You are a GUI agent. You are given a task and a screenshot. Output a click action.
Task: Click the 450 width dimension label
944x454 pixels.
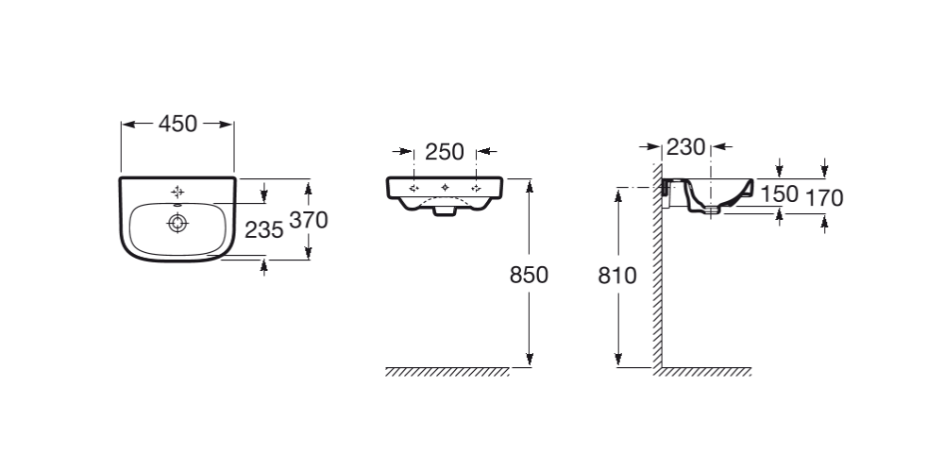point(177,124)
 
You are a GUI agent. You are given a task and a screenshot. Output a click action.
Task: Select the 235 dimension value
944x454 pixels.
point(264,229)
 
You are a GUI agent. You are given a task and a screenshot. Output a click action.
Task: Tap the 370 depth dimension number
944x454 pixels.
point(308,221)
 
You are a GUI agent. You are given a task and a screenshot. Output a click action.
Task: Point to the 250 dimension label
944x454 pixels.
point(444,151)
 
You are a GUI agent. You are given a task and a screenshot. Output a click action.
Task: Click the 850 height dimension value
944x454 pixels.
point(529,276)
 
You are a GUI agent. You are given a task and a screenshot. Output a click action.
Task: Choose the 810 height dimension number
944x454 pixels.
point(617,276)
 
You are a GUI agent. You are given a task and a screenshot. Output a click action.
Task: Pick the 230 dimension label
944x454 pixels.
point(686,147)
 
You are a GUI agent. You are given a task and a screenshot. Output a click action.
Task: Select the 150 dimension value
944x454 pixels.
point(780,194)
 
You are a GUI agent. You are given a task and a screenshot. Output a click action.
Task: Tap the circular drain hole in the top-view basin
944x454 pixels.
point(177,223)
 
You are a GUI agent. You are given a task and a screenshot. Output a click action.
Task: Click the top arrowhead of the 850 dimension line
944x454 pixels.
point(530,183)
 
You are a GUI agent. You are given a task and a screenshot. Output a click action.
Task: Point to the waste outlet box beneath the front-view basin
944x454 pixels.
point(445,212)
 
